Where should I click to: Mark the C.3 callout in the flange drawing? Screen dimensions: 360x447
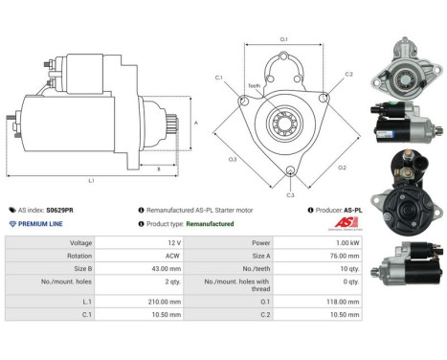coord(290,194)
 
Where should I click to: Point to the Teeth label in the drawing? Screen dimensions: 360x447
coord(254,85)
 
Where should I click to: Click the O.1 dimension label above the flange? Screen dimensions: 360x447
coord(283,39)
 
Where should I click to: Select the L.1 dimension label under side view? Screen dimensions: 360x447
coord(91,180)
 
